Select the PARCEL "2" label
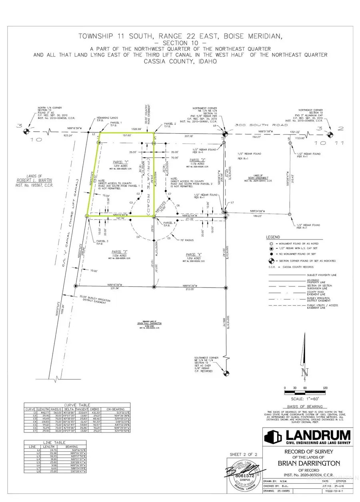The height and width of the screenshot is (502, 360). pos(197,160)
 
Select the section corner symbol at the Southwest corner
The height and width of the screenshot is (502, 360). pos(226,374)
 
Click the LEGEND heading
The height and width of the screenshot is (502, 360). pos(273,237)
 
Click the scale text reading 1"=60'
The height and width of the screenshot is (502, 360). pos(306,398)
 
